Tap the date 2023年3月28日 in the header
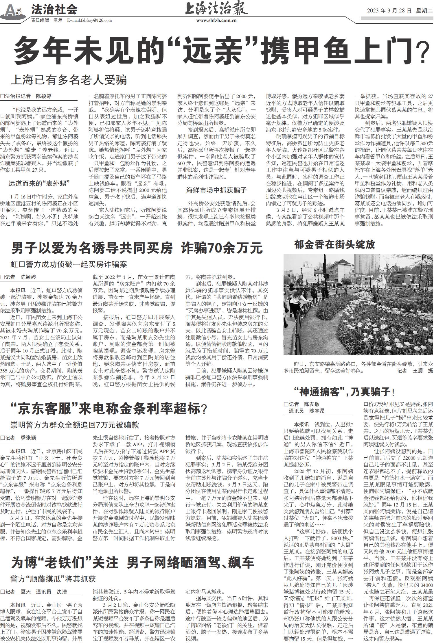click(389, 11)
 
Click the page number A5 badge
click(13, 12)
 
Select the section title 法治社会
click(54, 10)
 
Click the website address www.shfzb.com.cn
click(216, 21)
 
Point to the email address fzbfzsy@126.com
click(93, 20)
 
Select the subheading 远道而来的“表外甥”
click(39, 183)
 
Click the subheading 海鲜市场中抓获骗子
click(216, 190)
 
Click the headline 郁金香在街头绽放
click(334, 245)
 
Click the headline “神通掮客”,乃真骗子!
click(344, 392)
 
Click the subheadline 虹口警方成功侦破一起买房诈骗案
click(69, 264)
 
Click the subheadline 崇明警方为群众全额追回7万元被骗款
click(75, 425)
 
